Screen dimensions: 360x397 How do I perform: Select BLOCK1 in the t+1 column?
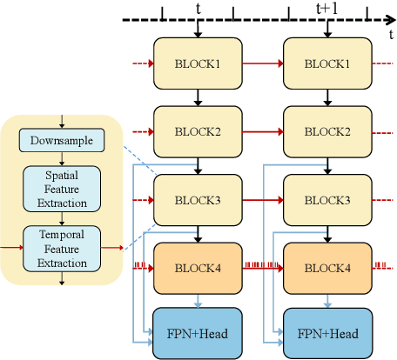tap(329, 63)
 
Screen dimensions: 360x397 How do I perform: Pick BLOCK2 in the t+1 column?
tap(329, 131)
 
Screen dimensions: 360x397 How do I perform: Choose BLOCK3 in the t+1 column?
tap(329, 199)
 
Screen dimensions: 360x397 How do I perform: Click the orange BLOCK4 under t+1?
tap(329, 266)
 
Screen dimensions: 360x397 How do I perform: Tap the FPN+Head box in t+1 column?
tap(329, 331)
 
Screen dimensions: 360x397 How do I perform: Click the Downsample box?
tap(62, 140)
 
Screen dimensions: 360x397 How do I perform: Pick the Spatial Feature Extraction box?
tap(62, 186)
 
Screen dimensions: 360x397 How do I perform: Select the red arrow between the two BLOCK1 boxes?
tap(264, 63)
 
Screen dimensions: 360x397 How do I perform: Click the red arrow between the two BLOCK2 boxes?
tap(264, 131)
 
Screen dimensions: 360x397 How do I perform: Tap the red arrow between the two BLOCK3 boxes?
tap(264, 199)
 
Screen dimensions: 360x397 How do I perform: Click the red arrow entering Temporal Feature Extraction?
tap(10, 247)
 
